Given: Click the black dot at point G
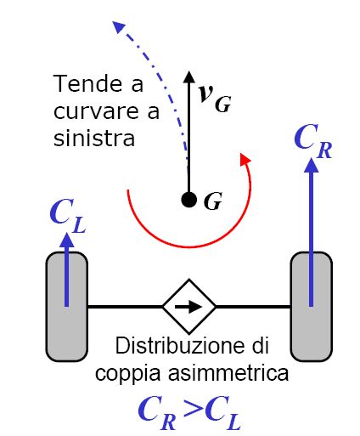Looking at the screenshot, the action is point(188,200).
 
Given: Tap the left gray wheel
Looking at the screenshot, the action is point(67,307).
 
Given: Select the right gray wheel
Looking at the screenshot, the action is point(312,307).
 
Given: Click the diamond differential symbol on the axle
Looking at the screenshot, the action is point(189,307).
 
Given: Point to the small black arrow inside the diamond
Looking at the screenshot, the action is point(188,307).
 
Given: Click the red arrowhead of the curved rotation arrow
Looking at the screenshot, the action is point(245,159).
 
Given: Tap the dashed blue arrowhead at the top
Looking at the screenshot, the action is point(119,26).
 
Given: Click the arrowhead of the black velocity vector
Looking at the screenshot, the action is point(188,76).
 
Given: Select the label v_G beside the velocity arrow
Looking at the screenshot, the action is point(215,98).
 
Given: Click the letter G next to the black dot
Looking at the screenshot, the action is point(213,201).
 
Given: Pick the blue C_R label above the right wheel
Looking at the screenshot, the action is point(312,141).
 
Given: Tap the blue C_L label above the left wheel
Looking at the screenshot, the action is point(68,216).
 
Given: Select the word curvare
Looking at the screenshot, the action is point(96,111).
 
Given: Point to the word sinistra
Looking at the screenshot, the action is point(94,139).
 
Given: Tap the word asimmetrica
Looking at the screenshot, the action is point(228,373).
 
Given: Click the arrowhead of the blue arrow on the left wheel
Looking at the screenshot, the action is point(67,240).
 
